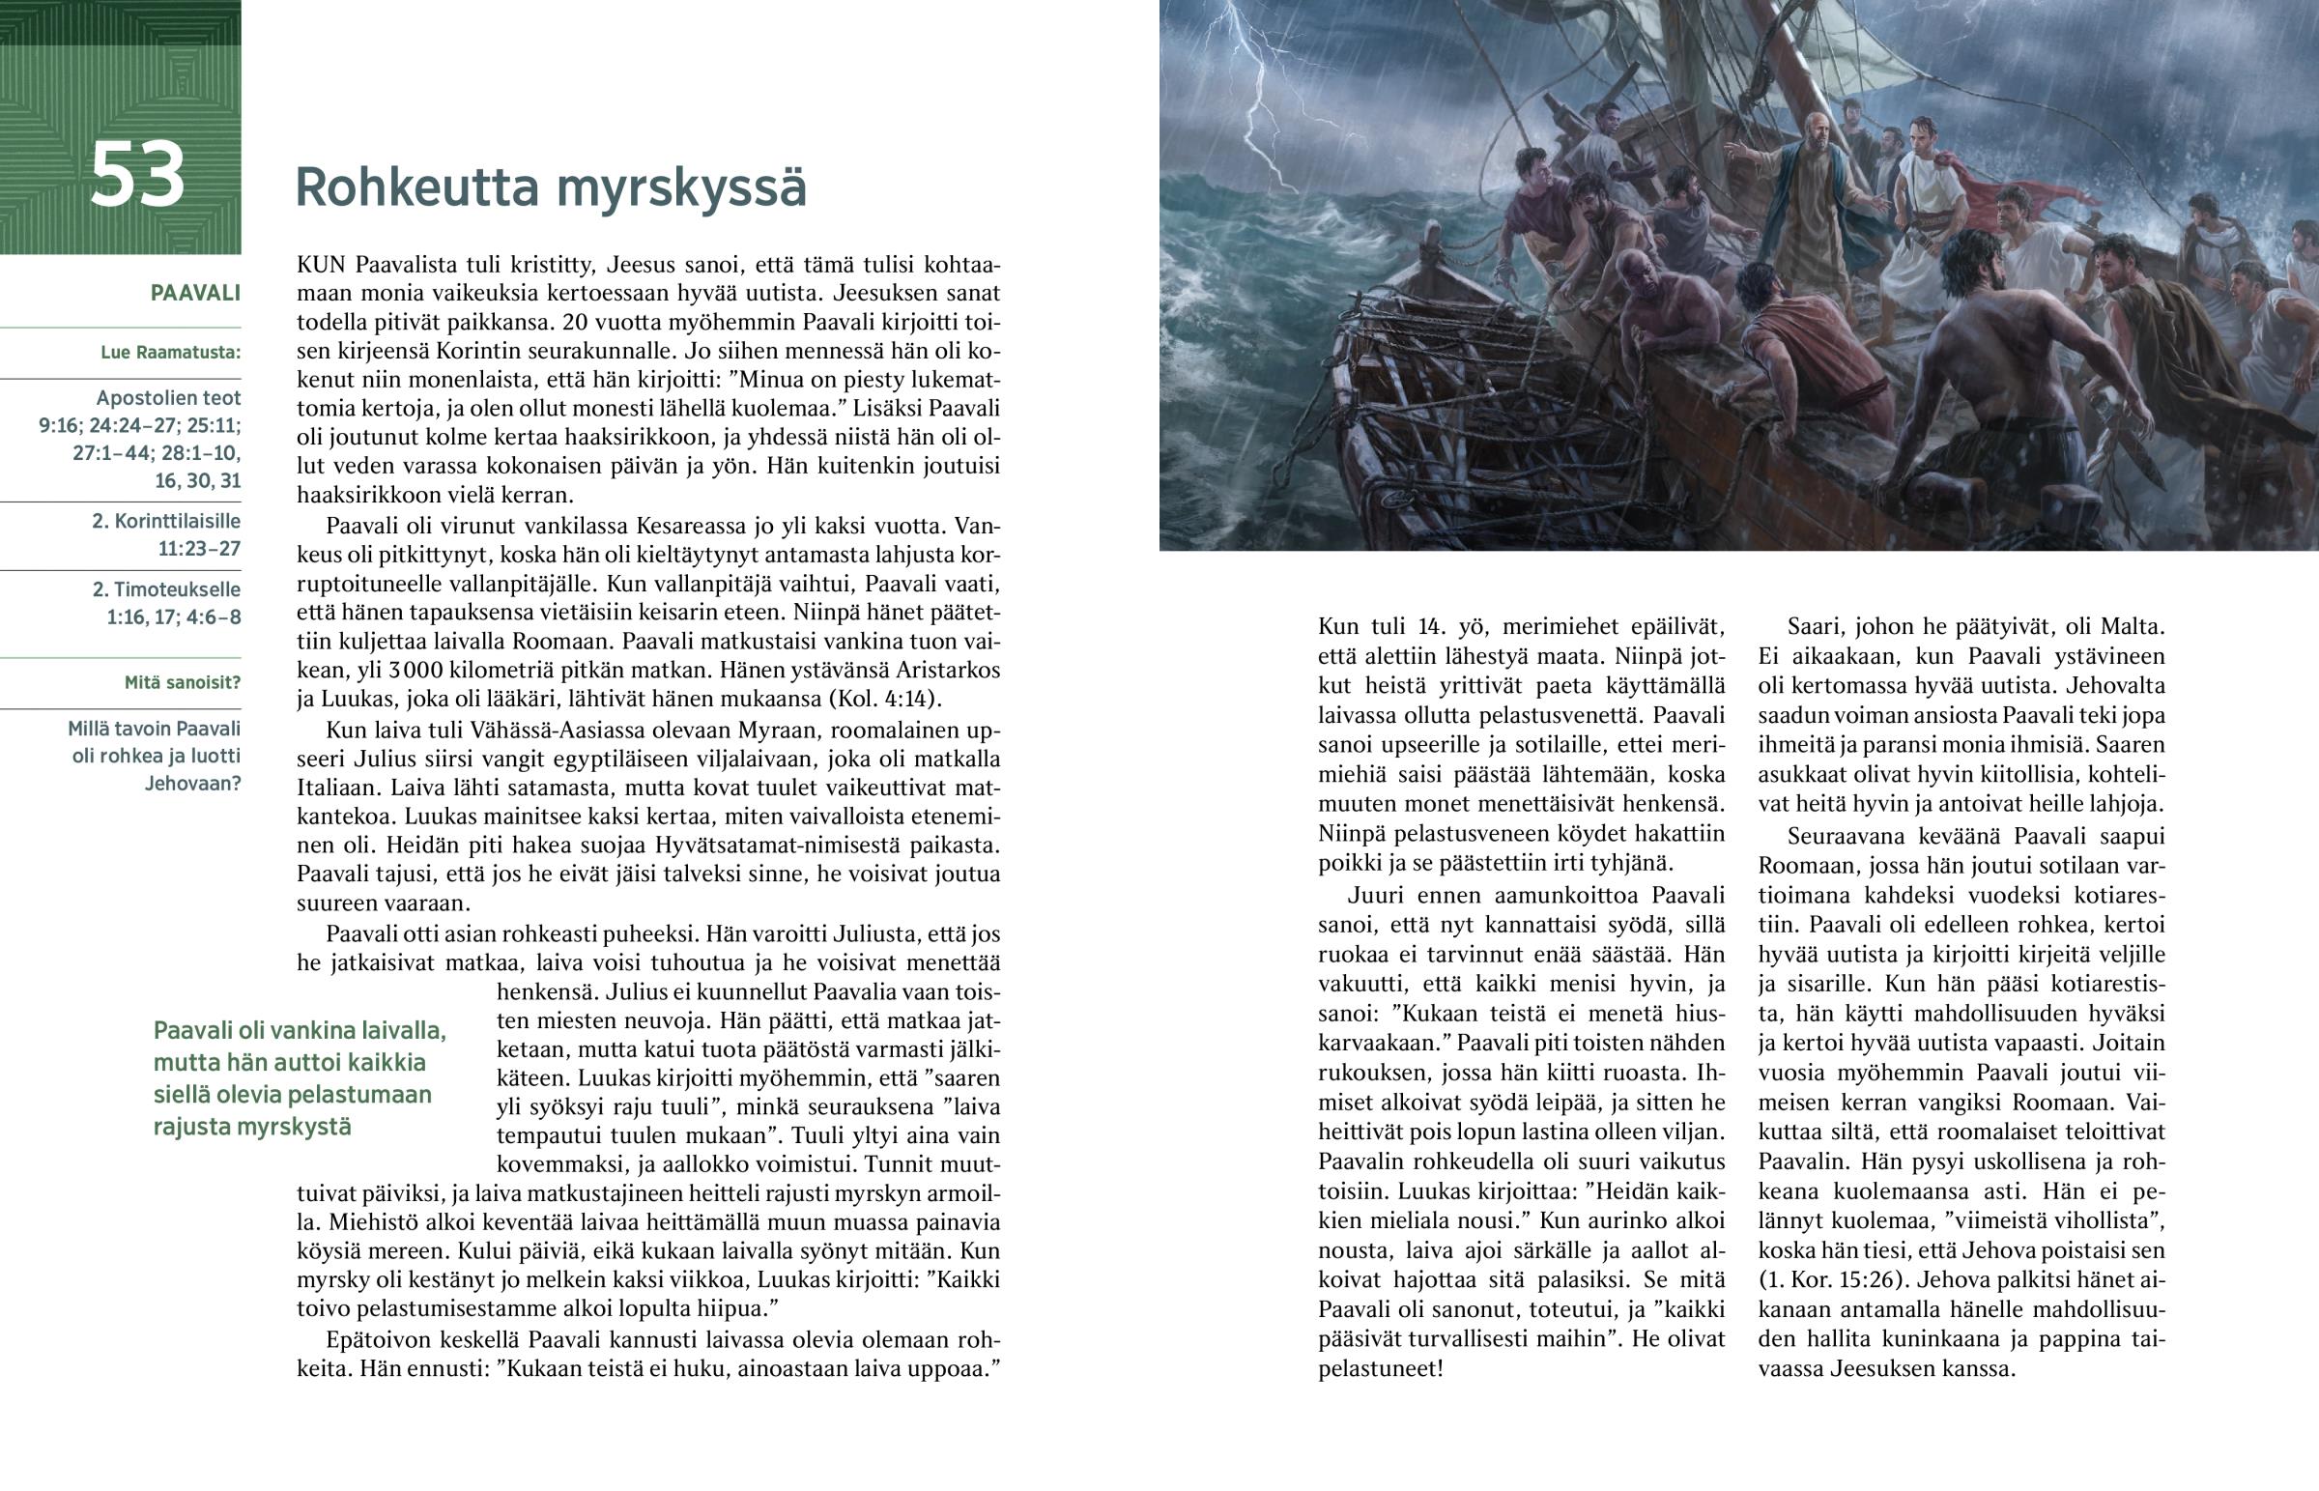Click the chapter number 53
click(136, 175)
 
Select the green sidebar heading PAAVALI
click(194, 294)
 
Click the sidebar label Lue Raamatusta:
click(170, 353)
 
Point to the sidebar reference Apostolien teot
click(168, 398)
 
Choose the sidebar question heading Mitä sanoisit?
click(182, 682)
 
